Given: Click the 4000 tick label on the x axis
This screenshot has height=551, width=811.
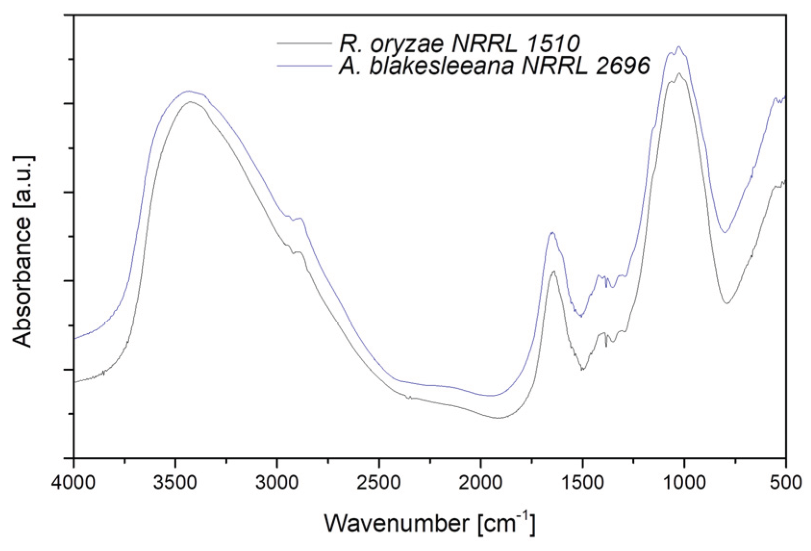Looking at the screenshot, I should point(74,481).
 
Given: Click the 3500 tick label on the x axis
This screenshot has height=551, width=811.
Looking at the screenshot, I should point(175,481).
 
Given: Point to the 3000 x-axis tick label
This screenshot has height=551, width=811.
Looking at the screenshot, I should point(277,481).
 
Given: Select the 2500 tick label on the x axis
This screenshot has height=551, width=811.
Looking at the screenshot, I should point(379,481).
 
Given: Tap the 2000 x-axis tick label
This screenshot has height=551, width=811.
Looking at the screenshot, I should point(480,481).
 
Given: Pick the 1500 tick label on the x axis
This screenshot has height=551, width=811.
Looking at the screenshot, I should point(582,481).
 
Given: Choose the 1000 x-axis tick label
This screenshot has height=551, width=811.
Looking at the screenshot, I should point(684,481).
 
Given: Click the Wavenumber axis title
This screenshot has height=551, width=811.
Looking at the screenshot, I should point(429,523).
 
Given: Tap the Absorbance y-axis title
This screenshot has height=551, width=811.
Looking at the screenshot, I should point(23,251).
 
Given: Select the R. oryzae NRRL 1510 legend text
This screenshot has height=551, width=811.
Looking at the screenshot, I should point(459,43).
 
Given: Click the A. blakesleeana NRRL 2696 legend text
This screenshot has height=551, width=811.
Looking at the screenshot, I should point(494,65).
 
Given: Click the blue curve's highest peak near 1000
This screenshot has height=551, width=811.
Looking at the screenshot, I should point(678,47).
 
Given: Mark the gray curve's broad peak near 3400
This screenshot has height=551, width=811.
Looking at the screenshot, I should point(190,102).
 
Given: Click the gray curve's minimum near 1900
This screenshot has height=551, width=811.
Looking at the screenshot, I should point(498,418).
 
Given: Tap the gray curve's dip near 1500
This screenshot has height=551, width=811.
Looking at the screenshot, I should point(582,369).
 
